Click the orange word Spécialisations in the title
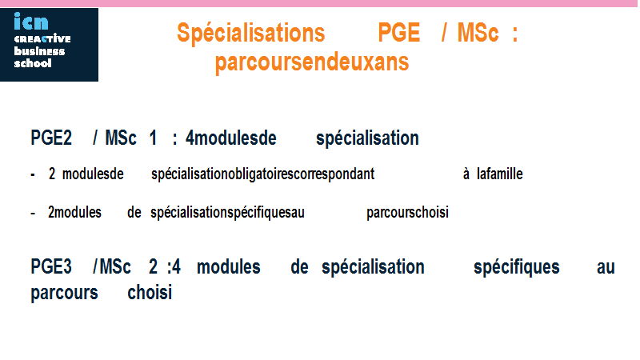[250, 33]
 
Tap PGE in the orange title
[398, 33]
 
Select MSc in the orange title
[478, 33]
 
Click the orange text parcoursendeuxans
[312, 62]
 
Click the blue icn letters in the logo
[31, 22]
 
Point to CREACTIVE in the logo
[42, 38]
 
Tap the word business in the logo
[39, 51]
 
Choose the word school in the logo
[33, 63]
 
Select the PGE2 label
[51, 138]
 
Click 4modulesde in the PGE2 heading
[231, 138]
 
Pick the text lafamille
[499, 174]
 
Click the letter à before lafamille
[466, 174]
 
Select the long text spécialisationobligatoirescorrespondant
[263, 174]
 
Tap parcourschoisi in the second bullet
[407, 213]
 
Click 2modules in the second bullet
[74, 213]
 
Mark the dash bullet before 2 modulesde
[33, 175]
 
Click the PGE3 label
[51, 267]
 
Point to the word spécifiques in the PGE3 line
[516, 268]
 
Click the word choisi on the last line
[150, 293]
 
